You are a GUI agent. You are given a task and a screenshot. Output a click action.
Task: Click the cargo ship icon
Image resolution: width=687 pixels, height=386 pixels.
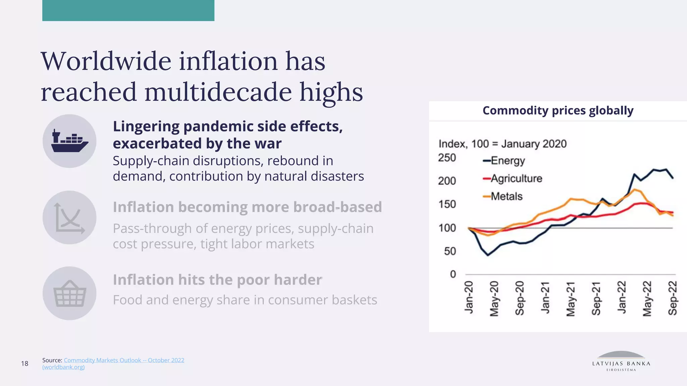click(69, 141)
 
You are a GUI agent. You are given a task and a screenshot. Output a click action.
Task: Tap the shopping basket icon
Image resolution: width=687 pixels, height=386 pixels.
click(69, 294)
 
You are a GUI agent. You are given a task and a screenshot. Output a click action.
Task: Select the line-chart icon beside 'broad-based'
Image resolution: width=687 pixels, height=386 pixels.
click(69, 217)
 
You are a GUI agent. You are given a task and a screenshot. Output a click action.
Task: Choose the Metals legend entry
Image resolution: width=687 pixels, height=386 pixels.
click(503, 196)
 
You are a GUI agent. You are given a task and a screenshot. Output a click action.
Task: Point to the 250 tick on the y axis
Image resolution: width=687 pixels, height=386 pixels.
click(447, 157)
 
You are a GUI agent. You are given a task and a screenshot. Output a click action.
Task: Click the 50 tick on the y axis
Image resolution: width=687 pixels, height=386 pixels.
click(450, 251)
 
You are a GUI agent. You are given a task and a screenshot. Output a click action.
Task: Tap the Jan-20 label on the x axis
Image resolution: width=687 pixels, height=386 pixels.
click(469, 298)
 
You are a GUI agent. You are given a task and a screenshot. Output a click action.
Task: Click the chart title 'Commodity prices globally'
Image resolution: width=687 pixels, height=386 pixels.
click(558, 110)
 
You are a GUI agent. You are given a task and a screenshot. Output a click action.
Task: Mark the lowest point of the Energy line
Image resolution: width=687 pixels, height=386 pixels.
click(488, 255)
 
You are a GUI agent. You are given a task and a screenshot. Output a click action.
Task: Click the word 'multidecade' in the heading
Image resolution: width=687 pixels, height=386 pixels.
click(218, 92)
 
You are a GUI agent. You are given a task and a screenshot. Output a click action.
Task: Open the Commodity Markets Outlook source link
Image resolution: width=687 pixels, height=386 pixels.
click(124, 360)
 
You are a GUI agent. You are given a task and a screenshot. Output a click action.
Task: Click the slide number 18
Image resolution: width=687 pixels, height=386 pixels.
click(25, 364)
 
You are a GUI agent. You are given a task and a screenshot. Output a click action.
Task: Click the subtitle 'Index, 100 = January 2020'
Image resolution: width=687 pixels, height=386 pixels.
click(503, 144)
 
